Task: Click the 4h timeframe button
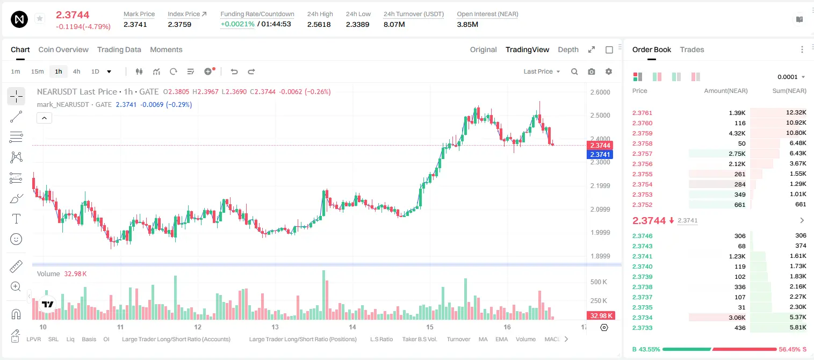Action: [76, 71]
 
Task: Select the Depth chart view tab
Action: [568, 49]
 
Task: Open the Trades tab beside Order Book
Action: [692, 49]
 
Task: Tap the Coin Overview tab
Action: [63, 49]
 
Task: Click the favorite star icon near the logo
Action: [40, 18]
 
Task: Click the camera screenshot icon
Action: [592, 71]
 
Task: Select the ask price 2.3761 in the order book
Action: [642, 113]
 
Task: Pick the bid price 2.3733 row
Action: [642, 328]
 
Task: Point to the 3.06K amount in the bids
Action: [737, 318]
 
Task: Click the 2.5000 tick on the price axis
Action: [600, 116]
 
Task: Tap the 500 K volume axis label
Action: [599, 282]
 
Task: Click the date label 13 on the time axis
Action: [275, 327]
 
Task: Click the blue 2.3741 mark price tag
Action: [600, 154]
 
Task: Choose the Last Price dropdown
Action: [542, 71]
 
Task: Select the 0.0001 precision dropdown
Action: [791, 77]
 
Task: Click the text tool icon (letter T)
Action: [16, 219]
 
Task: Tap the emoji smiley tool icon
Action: [16, 239]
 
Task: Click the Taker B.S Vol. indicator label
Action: [420, 339]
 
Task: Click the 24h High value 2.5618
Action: [319, 24]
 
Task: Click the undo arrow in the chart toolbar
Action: [234, 71]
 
